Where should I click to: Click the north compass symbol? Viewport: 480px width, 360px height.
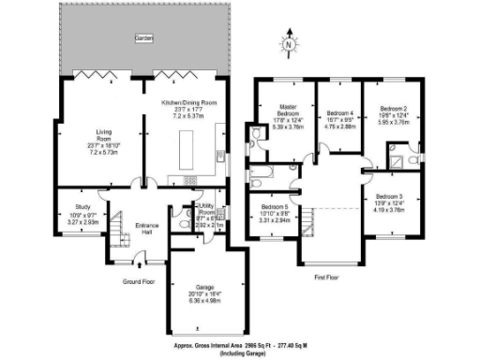[290, 42]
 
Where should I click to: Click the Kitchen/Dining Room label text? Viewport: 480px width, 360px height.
[188, 101]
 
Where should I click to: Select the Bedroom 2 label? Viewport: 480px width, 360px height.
[386, 110]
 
